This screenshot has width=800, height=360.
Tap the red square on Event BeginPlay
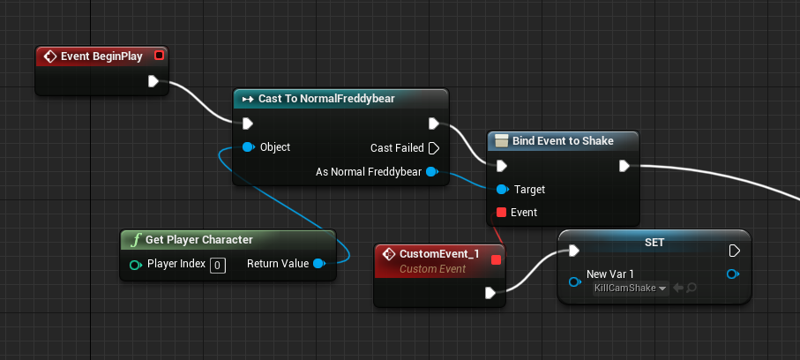coord(159,56)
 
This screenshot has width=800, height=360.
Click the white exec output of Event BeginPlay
coord(154,82)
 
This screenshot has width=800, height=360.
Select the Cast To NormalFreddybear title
coord(325,99)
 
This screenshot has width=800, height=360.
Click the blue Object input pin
coord(249,147)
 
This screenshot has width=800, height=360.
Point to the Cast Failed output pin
coord(433,148)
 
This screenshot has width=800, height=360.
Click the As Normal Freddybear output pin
coord(432,172)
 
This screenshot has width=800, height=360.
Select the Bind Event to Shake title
coord(563,140)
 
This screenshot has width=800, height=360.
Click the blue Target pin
coord(501,189)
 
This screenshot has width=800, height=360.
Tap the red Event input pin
coord(501,213)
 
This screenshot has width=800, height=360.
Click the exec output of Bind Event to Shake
coord(624,165)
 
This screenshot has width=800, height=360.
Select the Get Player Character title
coord(198,240)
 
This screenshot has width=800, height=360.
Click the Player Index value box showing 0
coord(217,264)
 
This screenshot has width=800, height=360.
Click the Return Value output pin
coord(318,264)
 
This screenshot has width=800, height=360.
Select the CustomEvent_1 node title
coord(438,254)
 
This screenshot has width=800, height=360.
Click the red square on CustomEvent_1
coord(496,259)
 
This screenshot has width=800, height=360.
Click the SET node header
coord(654,241)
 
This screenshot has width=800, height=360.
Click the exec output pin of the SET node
coord(733,251)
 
